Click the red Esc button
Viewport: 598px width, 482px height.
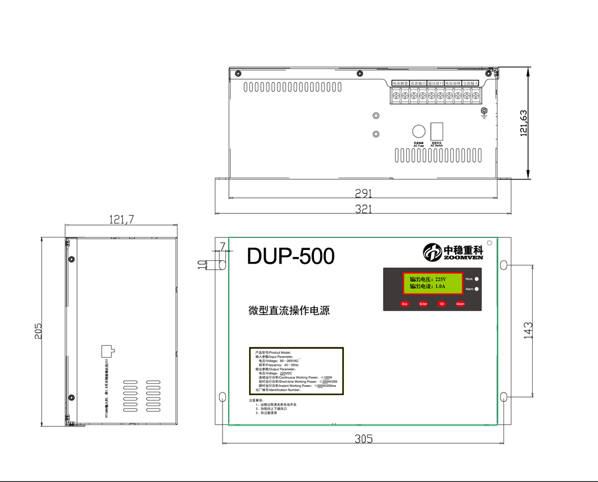point(404,304)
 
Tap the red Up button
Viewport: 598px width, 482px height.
point(442,304)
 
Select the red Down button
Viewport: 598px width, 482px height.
point(460,304)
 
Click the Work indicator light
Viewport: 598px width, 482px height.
point(477,279)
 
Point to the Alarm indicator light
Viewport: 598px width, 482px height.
point(477,289)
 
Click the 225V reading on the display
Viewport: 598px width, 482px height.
point(441,279)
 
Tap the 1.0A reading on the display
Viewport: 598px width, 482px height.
point(440,287)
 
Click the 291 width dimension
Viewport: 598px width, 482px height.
point(363,193)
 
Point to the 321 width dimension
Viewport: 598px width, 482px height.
point(363,209)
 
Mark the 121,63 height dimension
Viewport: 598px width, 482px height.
point(524,123)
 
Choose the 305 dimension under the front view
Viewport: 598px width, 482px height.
point(363,438)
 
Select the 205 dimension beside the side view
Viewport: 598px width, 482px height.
point(38,331)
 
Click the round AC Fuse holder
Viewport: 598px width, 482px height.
point(419,132)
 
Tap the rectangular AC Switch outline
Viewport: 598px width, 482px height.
point(437,132)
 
